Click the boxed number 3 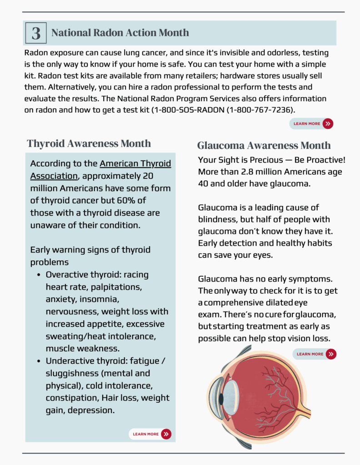click(36, 33)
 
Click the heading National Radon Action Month click(120, 33)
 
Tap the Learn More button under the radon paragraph click(311, 124)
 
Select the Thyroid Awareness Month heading click(89, 143)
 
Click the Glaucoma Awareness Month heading click(264, 145)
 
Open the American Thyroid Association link click(100, 170)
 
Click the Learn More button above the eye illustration click(315, 354)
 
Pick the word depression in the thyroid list click(91, 410)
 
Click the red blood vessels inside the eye click(273, 391)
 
